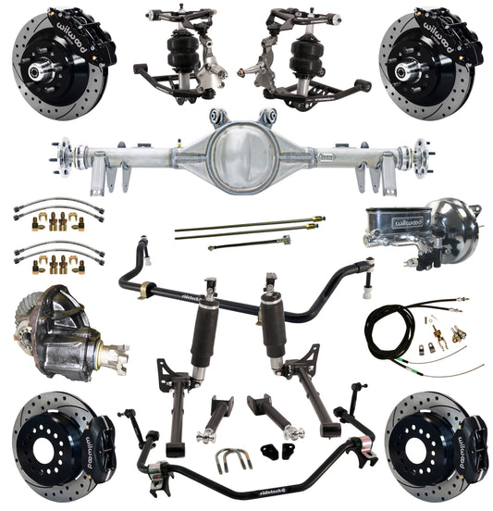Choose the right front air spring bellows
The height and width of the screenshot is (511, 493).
(309, 54)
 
